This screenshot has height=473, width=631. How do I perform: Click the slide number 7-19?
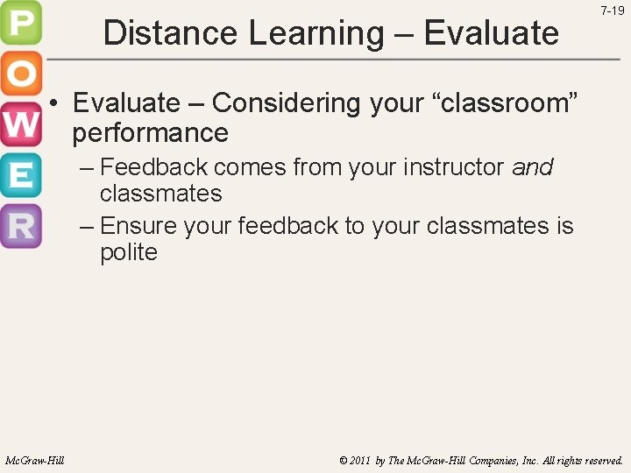coord(612,11)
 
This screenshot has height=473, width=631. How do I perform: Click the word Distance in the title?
coord(171,33)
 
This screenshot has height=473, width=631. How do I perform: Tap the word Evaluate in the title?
coord(491,33)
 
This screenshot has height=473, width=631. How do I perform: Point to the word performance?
coord(150,133)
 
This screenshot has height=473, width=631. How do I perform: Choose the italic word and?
coord(532,166)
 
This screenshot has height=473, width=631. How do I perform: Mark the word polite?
coord(128,252)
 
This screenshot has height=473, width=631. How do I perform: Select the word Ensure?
coord(139,226)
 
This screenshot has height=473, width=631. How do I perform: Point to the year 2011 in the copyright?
coord(357,460)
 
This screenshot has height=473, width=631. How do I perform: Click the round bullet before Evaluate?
coord(54,103)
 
